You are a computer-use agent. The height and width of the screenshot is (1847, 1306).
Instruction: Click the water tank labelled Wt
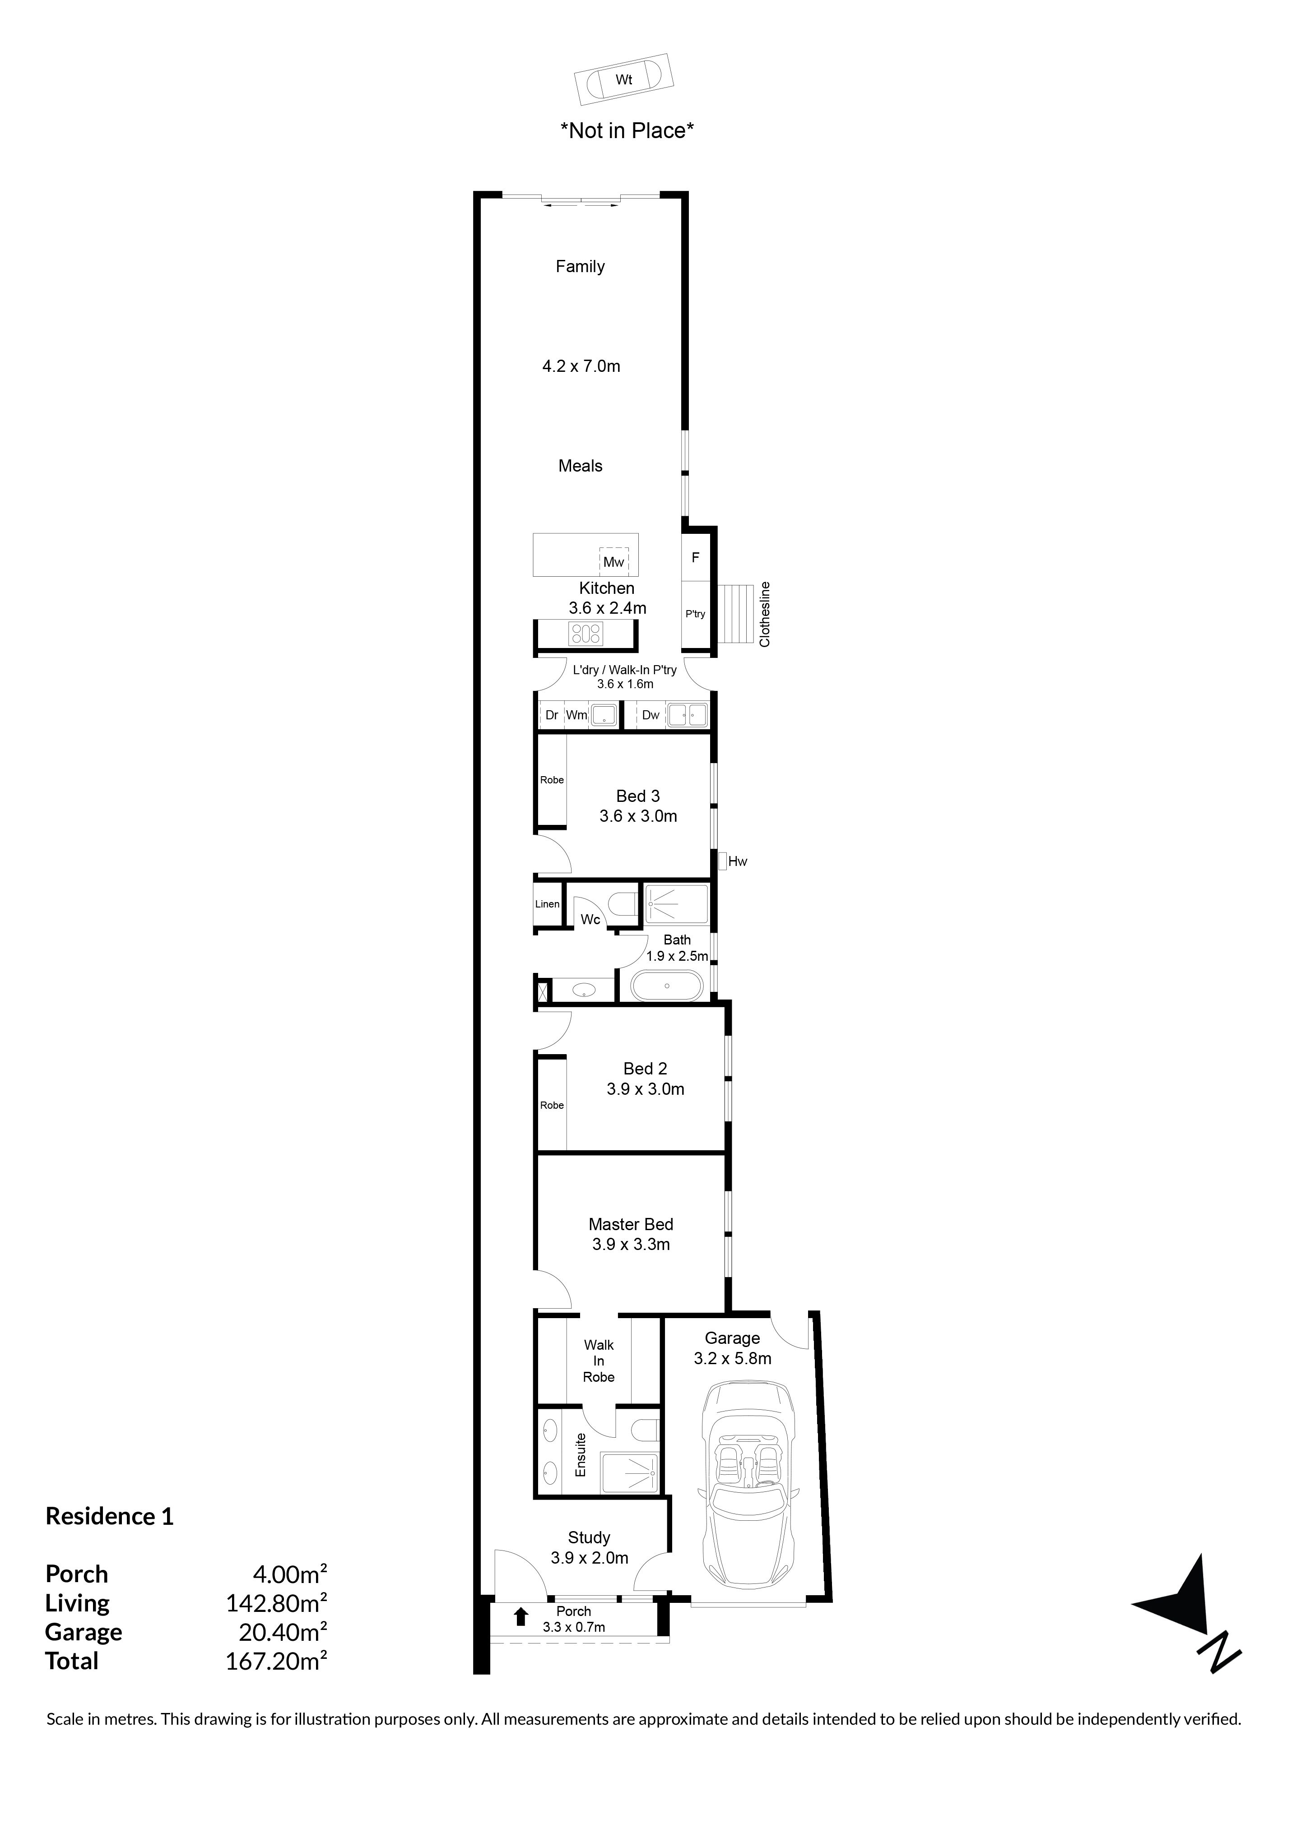[623, 79]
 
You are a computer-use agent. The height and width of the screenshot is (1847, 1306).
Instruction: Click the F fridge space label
[695, 557]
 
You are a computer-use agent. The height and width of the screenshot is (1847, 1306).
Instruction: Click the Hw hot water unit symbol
[723, 861]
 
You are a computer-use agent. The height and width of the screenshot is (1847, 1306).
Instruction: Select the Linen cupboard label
[547, 904]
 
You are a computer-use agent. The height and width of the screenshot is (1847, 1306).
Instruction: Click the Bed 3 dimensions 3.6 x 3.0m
[638, 816]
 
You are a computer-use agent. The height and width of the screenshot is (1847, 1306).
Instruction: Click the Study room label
[589, 1537]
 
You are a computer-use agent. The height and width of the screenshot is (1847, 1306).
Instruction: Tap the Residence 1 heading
[109, 1516]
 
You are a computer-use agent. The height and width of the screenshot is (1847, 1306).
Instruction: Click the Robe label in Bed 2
[552, 1105]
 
